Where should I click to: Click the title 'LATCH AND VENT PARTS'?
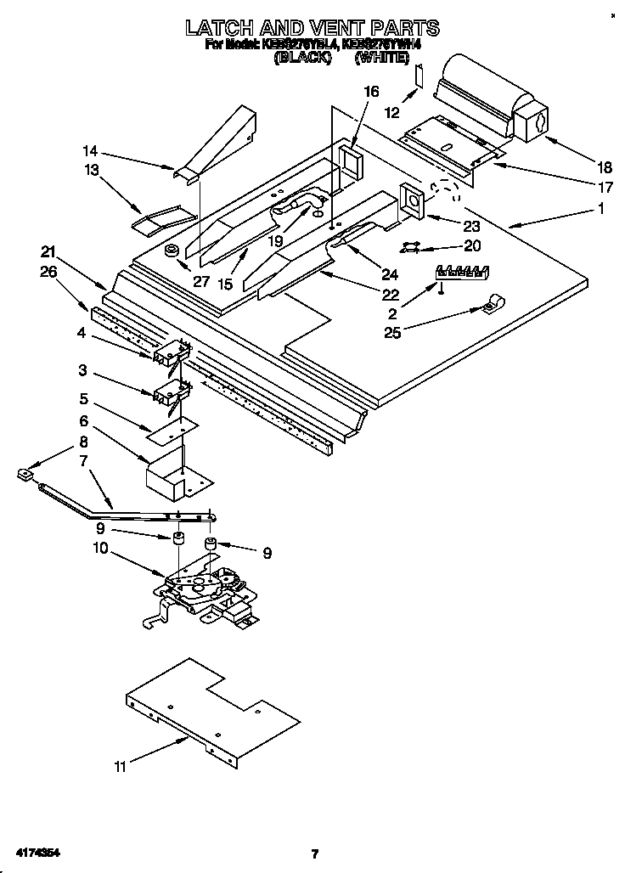click(312, 28)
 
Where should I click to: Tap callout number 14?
click(90, 150)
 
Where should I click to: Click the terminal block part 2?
click(463, 273)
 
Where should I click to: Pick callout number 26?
click(49, 272)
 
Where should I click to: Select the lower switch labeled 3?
click(168, 391)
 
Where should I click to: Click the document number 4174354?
click(35, 852)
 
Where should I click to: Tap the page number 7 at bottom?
click(313, 853)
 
